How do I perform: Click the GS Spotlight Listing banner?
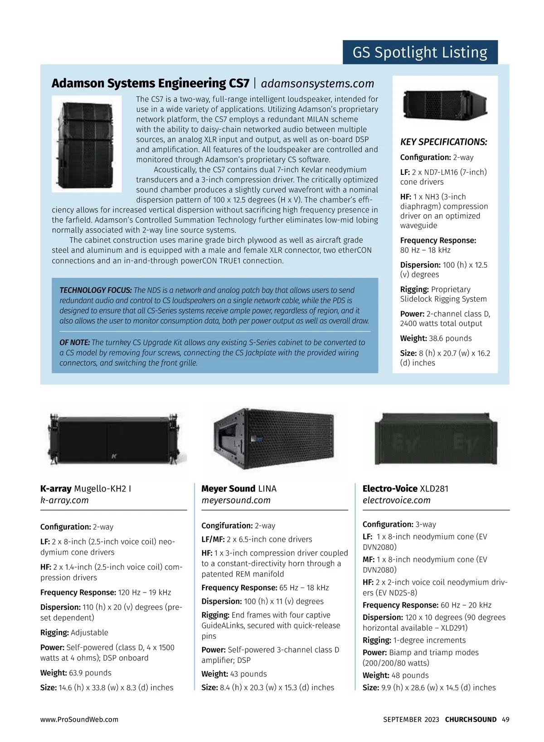tap(420, 53)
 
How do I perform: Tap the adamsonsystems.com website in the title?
tap(317, 84)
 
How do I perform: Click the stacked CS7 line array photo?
tap(87, 144)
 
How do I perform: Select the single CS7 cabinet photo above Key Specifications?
tap(445, 105)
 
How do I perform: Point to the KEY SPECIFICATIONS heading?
tap(443, 142)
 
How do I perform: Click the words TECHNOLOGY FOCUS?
tap(96, 290)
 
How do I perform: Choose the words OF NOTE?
tap(75, 342)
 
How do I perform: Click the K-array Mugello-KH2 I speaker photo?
tap(114, 439)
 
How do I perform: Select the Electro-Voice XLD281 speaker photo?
tap(436, 439)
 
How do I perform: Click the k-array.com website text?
tap(64, 501)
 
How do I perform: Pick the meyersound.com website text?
tap(236, 501)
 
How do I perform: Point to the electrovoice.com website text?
tap(396, 501)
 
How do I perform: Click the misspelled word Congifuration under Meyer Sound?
tap(227, 526)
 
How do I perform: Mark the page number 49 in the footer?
tap(505, 720)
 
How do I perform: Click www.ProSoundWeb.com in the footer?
tap(79, 720)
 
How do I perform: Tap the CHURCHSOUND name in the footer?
tap(471, 720)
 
